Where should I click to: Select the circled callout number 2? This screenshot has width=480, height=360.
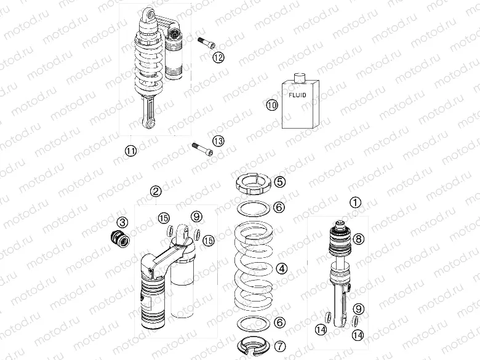[x=156, y=191]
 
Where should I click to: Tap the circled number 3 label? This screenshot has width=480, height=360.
[x=122, y=222]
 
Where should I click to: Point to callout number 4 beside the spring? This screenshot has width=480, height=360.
[x=281, y=268]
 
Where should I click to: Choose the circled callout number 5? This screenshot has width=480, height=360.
[x=279, y=182]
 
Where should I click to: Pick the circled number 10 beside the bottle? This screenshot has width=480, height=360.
[x=272, y=105]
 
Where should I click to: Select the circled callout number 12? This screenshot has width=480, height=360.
[x=218, y=57]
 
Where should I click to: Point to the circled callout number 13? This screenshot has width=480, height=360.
[x=218, y=141]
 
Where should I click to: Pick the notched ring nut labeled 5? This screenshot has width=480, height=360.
[x=252, y=182]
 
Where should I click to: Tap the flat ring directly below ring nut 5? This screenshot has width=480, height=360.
[x=252, y=207]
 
